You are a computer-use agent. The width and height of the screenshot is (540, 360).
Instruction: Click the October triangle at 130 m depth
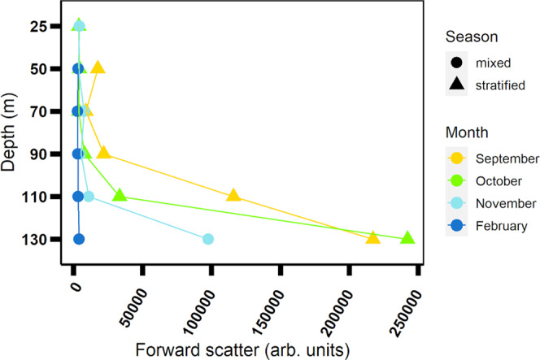[407, 238]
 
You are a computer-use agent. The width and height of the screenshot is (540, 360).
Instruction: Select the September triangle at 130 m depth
[372, 238]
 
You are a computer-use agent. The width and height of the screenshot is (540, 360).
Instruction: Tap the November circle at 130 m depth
[208, 239]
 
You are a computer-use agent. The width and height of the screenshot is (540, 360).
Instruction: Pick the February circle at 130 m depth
[79, 239]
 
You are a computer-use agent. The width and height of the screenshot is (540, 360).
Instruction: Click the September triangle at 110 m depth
[233, 195]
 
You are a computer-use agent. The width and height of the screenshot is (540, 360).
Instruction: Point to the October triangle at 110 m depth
[120, 195]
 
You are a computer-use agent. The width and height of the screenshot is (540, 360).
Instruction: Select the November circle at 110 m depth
[89, 196]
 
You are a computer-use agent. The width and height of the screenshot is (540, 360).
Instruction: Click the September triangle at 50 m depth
[98, 67]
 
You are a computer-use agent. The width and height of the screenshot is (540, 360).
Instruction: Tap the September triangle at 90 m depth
[103, 153]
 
